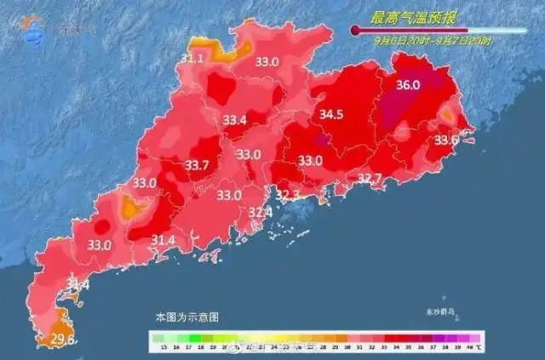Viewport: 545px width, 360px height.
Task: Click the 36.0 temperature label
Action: point(409,84)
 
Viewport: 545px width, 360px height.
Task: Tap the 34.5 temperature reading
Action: point(330,114)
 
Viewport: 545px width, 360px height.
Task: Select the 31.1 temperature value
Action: point(192,59)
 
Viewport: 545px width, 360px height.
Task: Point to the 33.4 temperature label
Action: point(234,121)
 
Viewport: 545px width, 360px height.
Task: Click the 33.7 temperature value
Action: point(197,165)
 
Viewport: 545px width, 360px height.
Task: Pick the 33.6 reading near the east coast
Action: point(446,140)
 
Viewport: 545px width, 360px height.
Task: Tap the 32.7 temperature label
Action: point(370,178)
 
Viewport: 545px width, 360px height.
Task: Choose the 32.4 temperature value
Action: point(260,212)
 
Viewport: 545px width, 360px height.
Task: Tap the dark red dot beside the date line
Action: point(355,31)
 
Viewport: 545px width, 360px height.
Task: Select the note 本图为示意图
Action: point(186,316)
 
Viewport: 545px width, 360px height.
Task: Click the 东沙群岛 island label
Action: point(439,311)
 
